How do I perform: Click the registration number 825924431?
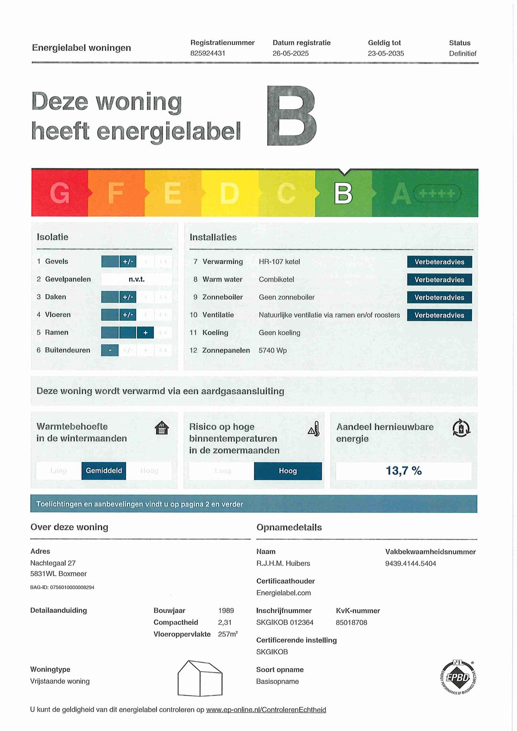coord(208,53)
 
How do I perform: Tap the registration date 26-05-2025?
coord(291,53)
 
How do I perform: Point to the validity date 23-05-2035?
coord(386,53)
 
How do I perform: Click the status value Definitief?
coord(462,53)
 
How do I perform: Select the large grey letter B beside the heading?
coord(292,116)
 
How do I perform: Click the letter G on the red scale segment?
coord(60,193)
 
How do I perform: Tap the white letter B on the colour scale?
coord(343,193)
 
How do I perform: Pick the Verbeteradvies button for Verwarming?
coord(439,262)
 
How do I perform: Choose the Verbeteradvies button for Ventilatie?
coord(439,315)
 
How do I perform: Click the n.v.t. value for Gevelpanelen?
coord(136,279)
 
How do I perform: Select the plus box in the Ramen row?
coord(146,333)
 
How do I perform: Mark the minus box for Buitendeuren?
coord(110,350)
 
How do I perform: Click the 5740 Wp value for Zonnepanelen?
coord(273,350)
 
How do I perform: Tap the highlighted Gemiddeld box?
coord(104,471)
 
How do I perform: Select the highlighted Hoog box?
coord(288,471)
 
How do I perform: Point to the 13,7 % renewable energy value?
coord(404,471)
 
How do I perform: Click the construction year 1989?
coord(226,610)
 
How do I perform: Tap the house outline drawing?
coord(200,678)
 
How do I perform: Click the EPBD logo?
coord(458,677)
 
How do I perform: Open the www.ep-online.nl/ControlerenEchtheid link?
coord(266,709)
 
